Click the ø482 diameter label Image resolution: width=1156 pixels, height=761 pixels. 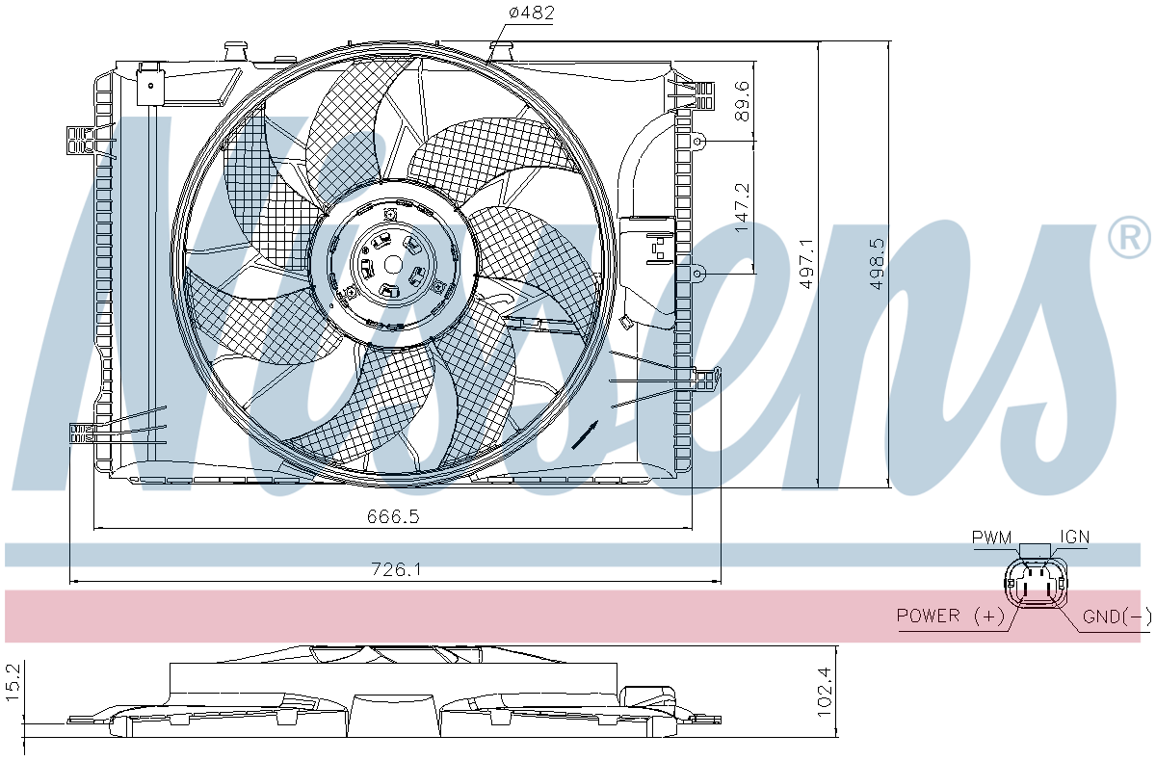coord(531,12)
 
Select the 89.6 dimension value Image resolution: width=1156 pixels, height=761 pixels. coord(742,100)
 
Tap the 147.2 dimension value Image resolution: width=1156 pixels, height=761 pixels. coord(742,207)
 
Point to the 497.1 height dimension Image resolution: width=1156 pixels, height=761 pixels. coord(806,263)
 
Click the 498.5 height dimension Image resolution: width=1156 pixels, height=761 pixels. coord(877,263)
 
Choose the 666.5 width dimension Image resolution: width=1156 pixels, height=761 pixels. coord(393,516)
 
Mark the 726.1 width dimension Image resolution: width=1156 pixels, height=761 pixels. coord(396,569)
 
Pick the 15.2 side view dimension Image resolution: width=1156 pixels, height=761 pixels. coord(13,683)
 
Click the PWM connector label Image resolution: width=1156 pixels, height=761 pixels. coord(992,538)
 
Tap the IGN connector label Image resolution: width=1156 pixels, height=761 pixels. coord(1075,538)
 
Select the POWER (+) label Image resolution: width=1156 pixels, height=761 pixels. coord(951,615)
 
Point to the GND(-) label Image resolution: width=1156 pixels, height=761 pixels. coord(1117,616)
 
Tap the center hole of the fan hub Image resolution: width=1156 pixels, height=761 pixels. coord(393,265)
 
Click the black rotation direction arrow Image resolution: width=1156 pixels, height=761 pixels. coord(586,435)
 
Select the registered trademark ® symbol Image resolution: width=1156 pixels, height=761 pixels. coord(1129,237)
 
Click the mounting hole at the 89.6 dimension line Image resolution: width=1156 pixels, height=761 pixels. coord(697,141)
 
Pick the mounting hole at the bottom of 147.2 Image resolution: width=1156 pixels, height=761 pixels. coord(697,273)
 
